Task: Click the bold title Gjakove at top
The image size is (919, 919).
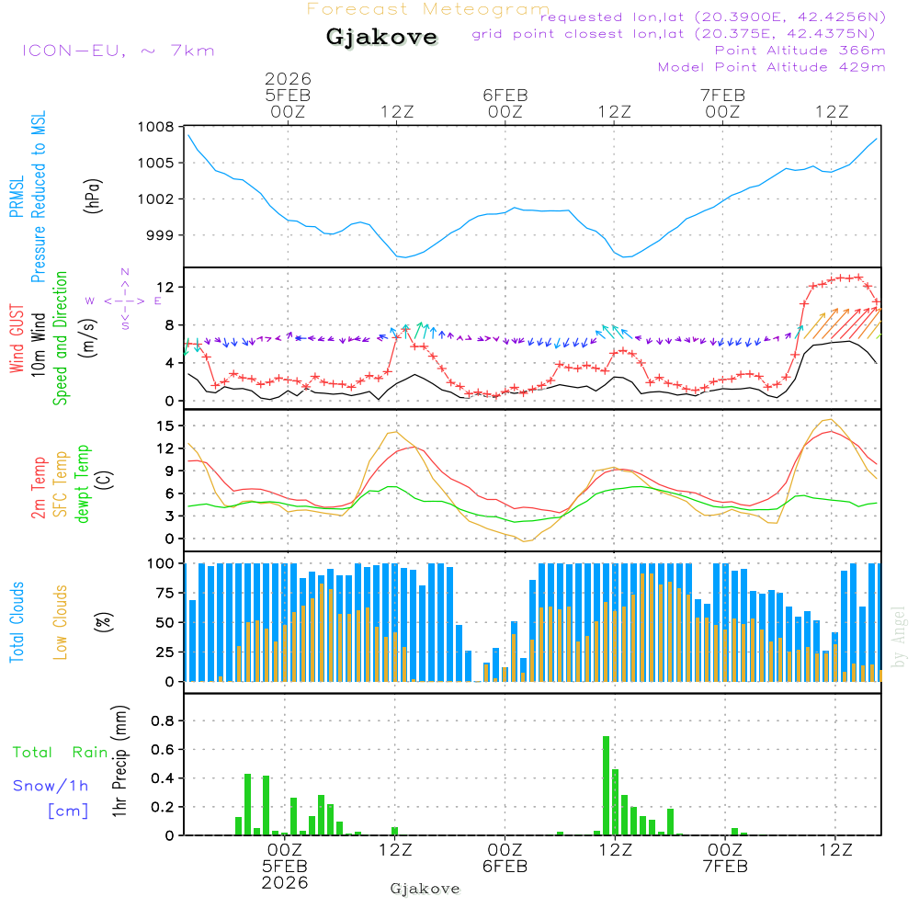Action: point(381,39)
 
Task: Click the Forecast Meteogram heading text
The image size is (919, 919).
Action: point(428,10)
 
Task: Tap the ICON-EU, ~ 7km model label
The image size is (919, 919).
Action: point(118,51)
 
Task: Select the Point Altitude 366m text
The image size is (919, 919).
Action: point(800,51)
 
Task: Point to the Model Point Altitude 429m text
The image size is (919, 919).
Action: point(772,67)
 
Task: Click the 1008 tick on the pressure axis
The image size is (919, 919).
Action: point(156,128)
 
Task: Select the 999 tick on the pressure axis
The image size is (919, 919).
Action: point(160,235)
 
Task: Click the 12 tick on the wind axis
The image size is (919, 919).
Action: point(165,288)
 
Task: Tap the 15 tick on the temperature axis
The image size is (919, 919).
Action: point(165,426)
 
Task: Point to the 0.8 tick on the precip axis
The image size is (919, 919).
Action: point(163,721)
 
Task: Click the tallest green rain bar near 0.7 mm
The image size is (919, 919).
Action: point(606,785)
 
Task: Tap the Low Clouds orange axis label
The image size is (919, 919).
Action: point(61,621)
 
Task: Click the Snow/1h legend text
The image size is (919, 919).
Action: point(51,786)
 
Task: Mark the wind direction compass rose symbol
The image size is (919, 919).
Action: point(124,300)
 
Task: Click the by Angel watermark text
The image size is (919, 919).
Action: point(899,636)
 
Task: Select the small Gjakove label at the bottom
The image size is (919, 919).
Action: point(425,889)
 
